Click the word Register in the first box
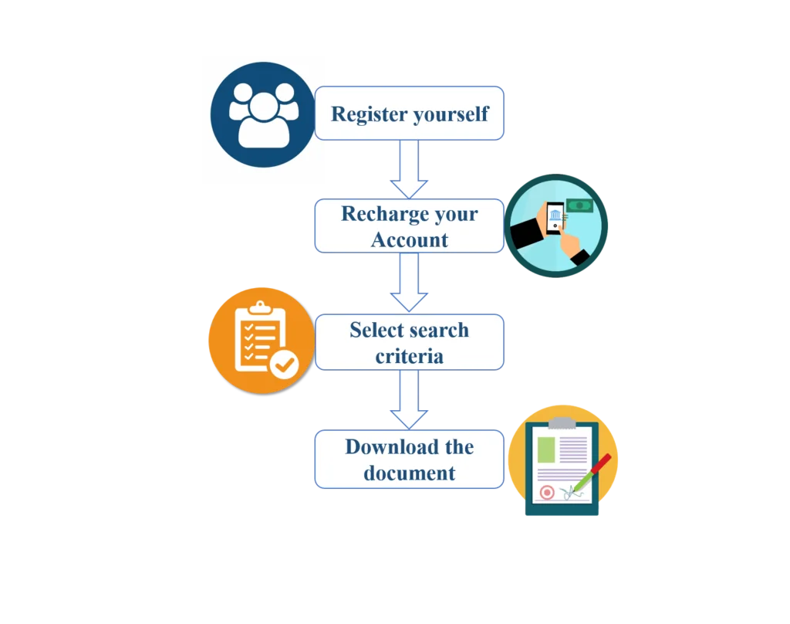click(x=370, y=114)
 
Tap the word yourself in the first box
click(x=451, y=114)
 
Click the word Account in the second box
click(x=410, y=240)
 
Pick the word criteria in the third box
click(x=410, y=357)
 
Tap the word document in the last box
click(x=410, y=473)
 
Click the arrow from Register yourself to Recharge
click(x=409, y=169)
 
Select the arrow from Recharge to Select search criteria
click(x=409, y=282)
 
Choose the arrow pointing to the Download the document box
click(x=409, y=399)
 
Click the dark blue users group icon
click(x=262, y=114)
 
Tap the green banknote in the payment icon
click(x=579, y=205)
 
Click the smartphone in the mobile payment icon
click(x=555, y=218)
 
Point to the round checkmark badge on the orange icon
click(x=284, y=365)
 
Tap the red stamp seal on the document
click(x=547, y=492)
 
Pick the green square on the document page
click(x=546, y=449)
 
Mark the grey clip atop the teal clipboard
click(x=562, y=422)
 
